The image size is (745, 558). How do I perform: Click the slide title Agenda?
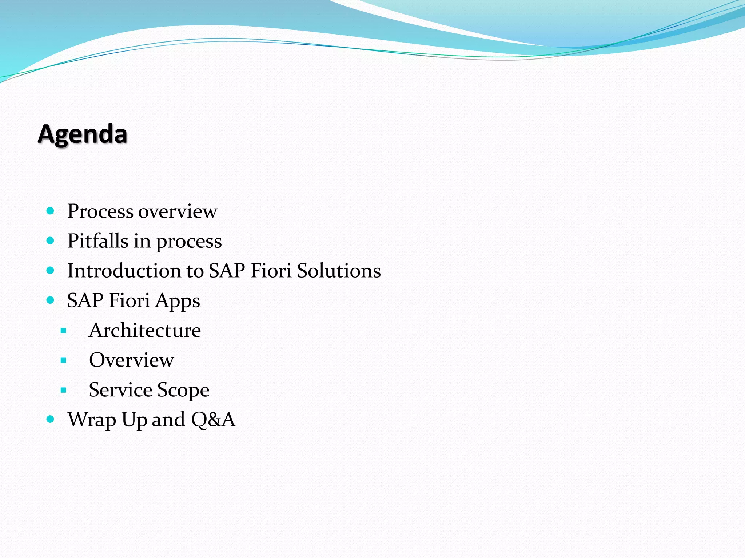(x=83, y=134)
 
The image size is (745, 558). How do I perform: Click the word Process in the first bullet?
(x=100, y=211)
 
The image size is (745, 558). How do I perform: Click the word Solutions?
(x=339, y=271)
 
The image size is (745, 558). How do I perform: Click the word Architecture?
(x=145, y=331)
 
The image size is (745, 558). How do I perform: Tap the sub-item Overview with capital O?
(x=131, y=360)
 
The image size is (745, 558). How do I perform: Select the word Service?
(x=120, y=390)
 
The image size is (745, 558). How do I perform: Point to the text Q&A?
(x=213, y=420)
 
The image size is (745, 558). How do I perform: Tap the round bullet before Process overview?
(x=51, y=211)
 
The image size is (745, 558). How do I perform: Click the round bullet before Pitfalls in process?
(x=51, y=240)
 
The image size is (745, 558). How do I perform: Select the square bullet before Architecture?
(x=64, y=331)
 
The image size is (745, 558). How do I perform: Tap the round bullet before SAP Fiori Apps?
(x=51, y=300)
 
